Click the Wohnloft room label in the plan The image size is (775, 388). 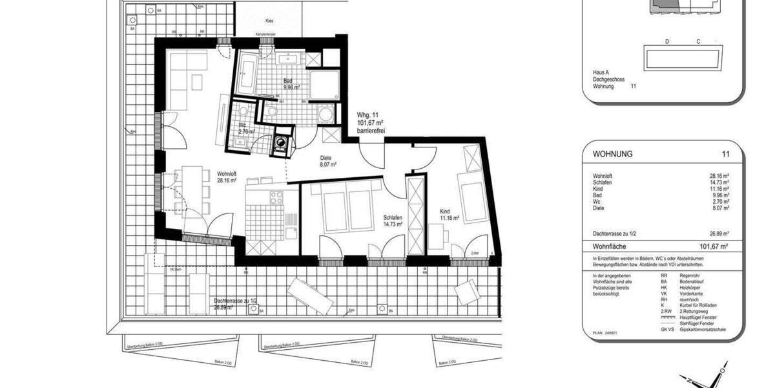[227, 173]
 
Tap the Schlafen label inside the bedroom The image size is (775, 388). [393, 219]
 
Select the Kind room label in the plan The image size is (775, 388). [446, 211]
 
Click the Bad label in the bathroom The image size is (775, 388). [288, 81]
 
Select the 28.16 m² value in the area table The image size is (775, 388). [718, 176]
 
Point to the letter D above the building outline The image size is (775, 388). [666, 41]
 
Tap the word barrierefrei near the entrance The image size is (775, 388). [371, 131]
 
